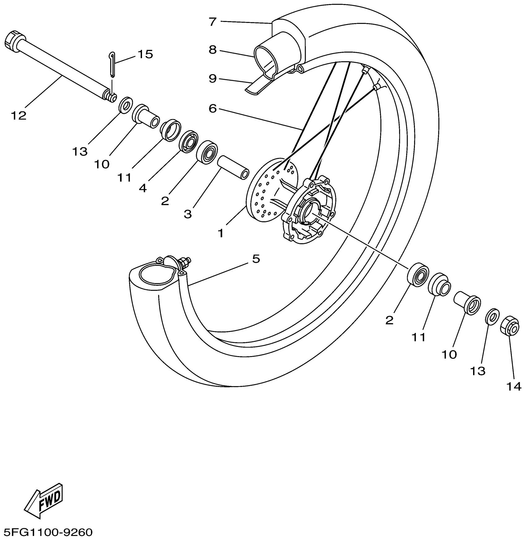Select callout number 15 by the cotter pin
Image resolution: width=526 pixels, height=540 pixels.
[x=145, y=54]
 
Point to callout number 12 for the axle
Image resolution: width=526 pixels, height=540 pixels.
[x=19, y=116]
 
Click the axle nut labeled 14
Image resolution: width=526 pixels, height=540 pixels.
[x=509, y=328]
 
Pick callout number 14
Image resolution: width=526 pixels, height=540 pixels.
[x=514, y=386]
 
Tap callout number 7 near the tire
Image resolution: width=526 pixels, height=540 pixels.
[x=212, y=22]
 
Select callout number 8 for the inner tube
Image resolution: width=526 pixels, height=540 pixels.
[x=212, y=50]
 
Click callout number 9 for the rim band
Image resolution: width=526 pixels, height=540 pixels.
[x=212, y=79]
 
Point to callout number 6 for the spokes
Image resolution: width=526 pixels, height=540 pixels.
[x=212, y=108]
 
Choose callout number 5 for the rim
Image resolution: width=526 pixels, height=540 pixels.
[x=256, y=259]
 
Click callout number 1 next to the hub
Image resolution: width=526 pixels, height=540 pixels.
[x=220, y=233]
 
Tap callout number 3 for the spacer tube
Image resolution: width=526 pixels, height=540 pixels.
[x=188, y=214]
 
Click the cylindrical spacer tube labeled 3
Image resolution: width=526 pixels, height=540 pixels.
[x=234, y=168]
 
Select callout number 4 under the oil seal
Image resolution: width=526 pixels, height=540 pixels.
[x=143, y=188]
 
